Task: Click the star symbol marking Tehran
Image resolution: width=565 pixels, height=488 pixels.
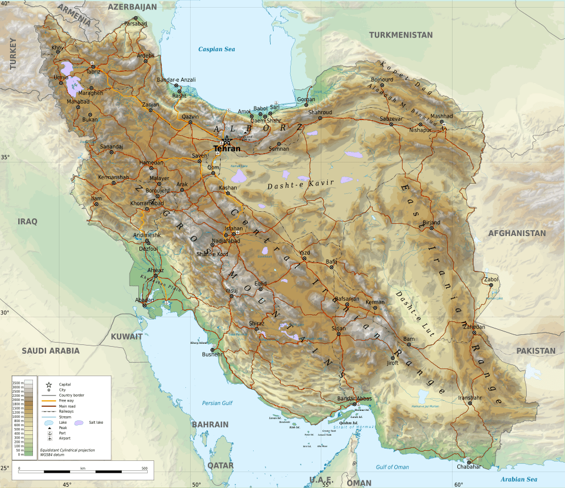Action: click(227, 140)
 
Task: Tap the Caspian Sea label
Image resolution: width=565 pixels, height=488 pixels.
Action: click(217, 49)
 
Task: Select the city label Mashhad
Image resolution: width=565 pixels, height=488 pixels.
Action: click(442, 117)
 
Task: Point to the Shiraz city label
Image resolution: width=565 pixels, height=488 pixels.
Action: click(257, 324)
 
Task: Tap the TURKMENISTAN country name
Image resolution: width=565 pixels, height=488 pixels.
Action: click(401, 35)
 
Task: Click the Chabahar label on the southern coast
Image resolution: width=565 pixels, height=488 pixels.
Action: click(468, 467)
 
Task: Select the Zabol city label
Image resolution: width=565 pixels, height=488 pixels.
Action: click(490, 279)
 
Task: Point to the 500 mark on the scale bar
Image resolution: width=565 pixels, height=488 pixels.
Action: click(144, 469)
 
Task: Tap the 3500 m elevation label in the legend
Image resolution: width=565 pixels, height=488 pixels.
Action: click(18, 383)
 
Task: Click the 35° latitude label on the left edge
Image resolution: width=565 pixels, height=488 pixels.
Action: click(5, 157)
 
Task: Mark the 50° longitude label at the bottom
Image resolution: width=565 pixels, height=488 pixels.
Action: click(196, 484)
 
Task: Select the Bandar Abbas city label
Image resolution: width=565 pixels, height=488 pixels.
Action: click(354, 399)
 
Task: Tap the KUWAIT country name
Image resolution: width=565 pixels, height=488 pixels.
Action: click(127, 337)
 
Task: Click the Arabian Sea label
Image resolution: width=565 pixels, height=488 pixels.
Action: click(519, 479)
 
